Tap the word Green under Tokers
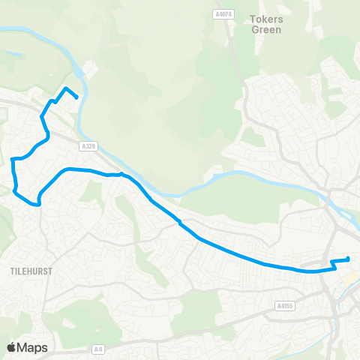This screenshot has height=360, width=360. point(267,30)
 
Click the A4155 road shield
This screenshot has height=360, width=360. point(284,305)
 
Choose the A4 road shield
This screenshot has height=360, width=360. point(98,349)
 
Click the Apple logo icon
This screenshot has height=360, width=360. point(12,347)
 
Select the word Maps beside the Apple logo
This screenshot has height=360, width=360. point(32,347)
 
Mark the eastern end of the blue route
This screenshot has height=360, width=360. point(348,259)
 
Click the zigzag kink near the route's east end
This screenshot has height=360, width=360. point(332,265)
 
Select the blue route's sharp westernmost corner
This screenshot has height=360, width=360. point(13,159)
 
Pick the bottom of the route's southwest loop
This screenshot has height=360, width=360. point(36,203)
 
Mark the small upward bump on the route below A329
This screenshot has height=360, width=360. point(121,173)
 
